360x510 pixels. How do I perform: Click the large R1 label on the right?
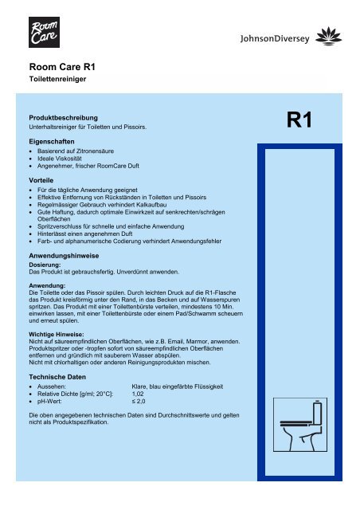[303, 121]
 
